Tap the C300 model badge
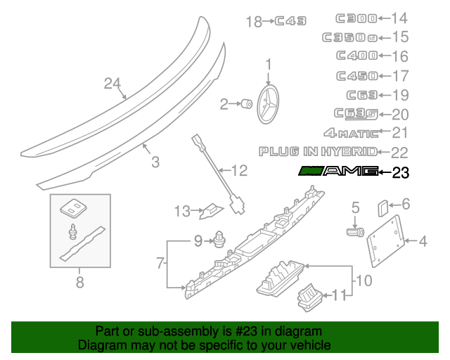coord(356,18)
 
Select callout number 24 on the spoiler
coord(113,84)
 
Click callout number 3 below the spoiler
coord(155,162)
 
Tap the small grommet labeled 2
coord(247,105)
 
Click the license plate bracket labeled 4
coord(385,237)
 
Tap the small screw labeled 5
coord(355,231)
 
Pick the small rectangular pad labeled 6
coord(382,208)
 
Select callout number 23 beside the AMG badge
coord(399,172)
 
